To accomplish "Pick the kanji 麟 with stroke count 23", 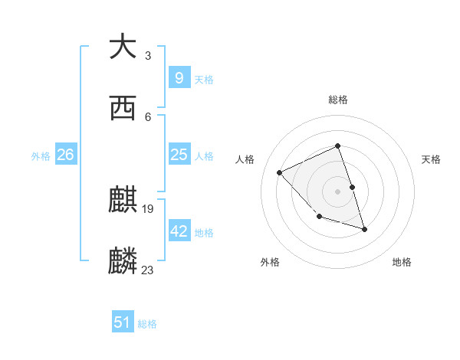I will tap(123, 260).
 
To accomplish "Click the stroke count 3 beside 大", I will tap(147, 56).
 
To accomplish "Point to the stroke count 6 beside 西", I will tap(147, 116).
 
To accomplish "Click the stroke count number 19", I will tap(149, 208).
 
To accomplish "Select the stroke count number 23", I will tap(149, 270).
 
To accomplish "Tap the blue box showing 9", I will tap(179, 77).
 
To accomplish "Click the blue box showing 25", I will tap(179, 155).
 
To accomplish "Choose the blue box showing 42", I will tap(179, 231).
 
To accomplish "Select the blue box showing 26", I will tap(65, 155).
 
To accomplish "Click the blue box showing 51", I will tap(123, 322).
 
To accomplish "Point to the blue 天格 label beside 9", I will tap(204, 79).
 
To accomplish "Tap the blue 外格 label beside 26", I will tap(41, 156).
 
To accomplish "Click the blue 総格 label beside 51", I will tap(147, 324).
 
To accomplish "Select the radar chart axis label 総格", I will tap(337, 100).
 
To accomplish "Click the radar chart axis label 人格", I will tap(245, 159).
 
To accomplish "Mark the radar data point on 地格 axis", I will tap(364, 229).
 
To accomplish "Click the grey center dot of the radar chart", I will tap(337, 191).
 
